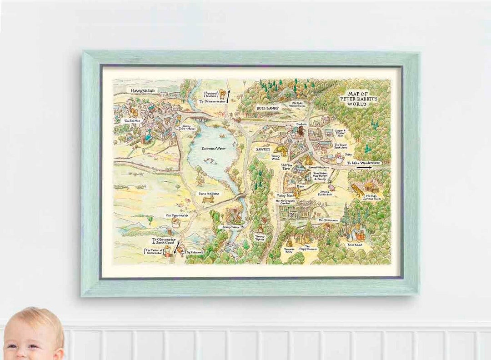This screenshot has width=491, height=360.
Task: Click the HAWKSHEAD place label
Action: (x=143, y=91)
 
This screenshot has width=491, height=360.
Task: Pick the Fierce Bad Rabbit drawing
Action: (x=208, y=199)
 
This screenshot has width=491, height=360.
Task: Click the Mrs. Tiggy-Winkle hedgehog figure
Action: (x=175, y=222)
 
